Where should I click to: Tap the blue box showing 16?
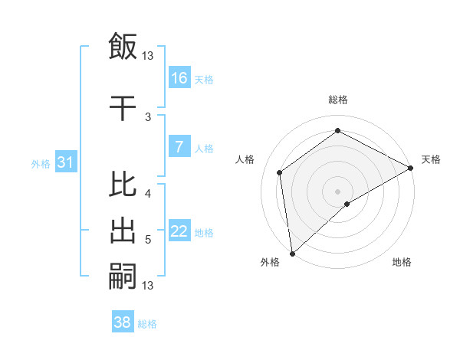179,77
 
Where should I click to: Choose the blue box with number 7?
179,146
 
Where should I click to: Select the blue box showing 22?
179,231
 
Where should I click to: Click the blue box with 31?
65,162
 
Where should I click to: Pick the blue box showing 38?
123,322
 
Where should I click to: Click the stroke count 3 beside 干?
148,116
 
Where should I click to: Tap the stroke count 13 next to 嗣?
148,286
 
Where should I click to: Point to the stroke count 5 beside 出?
148,240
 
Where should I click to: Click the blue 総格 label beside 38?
147,324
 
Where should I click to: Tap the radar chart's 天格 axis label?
431,159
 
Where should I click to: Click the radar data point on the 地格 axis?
347,204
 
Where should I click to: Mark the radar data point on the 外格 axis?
291,253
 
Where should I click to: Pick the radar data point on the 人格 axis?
280,172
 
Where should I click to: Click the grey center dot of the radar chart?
337,190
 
